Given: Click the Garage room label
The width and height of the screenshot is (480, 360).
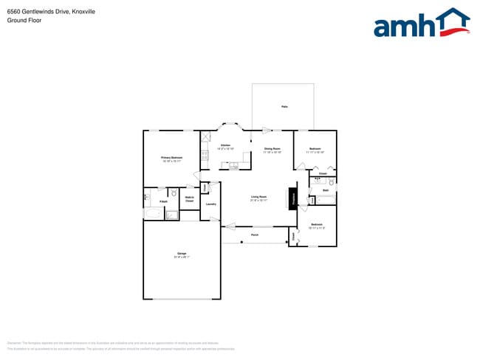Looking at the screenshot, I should click(181, 254).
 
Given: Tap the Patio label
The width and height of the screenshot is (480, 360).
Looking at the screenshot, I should click(284, 107).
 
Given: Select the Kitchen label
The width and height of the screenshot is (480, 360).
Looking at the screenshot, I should click(225, 145).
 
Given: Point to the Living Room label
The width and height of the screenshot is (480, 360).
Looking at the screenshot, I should click(258, 196).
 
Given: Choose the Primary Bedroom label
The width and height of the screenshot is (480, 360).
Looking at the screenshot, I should click(171, 157).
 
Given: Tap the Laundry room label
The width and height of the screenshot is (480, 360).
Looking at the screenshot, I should click(210, 204).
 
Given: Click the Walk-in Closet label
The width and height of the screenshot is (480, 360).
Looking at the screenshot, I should click(189, 198).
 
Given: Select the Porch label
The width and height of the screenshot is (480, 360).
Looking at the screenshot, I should click(255, 235).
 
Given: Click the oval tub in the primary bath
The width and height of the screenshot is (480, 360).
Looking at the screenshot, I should click(154, 214).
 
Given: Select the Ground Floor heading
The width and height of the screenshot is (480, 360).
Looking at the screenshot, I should click(24, 21).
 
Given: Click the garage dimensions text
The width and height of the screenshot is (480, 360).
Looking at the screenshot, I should click(181, 257).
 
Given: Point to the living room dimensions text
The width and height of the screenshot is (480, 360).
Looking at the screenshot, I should click(258, 200).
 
